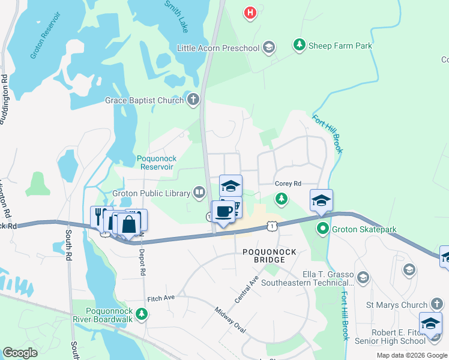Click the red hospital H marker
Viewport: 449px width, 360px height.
[251, 11]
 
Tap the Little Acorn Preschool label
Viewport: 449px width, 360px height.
[219, 47]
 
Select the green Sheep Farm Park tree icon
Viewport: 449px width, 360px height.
[298, 45]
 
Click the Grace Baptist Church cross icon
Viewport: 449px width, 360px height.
[193, 100]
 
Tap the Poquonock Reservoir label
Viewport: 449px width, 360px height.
[157, 163]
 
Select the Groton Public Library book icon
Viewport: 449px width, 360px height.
[199, 193]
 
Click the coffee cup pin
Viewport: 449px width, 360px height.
[223, 212]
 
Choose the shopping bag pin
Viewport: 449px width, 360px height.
[128, 225]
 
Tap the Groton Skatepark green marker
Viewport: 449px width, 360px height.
[322, 229]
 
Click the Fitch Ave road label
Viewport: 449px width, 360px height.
[161, 298]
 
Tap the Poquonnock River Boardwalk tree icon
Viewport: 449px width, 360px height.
[142, 313]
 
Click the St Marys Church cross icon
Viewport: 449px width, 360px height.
[436, 305]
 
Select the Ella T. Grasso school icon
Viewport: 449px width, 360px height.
[363, 277]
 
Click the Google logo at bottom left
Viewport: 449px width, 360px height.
[20, 353]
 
